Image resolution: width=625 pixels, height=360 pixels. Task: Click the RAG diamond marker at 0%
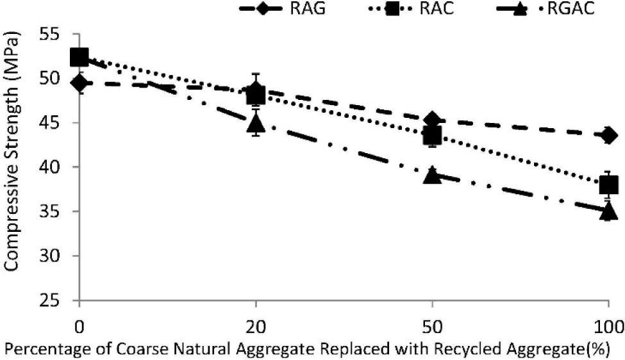click(79, 83)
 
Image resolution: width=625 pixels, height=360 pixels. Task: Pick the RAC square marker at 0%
click(79, 58)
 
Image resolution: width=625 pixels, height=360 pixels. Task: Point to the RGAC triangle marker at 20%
click(256, 122)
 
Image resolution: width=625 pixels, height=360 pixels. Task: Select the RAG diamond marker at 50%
click(433, 120)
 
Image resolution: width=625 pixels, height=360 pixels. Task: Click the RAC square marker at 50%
click(433, 136)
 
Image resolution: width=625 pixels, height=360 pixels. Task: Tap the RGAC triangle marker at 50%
click(433, 174)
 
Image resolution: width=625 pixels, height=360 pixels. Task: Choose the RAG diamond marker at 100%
click(608, 135)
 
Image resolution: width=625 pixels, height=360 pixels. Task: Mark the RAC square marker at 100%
click(608, 185)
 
